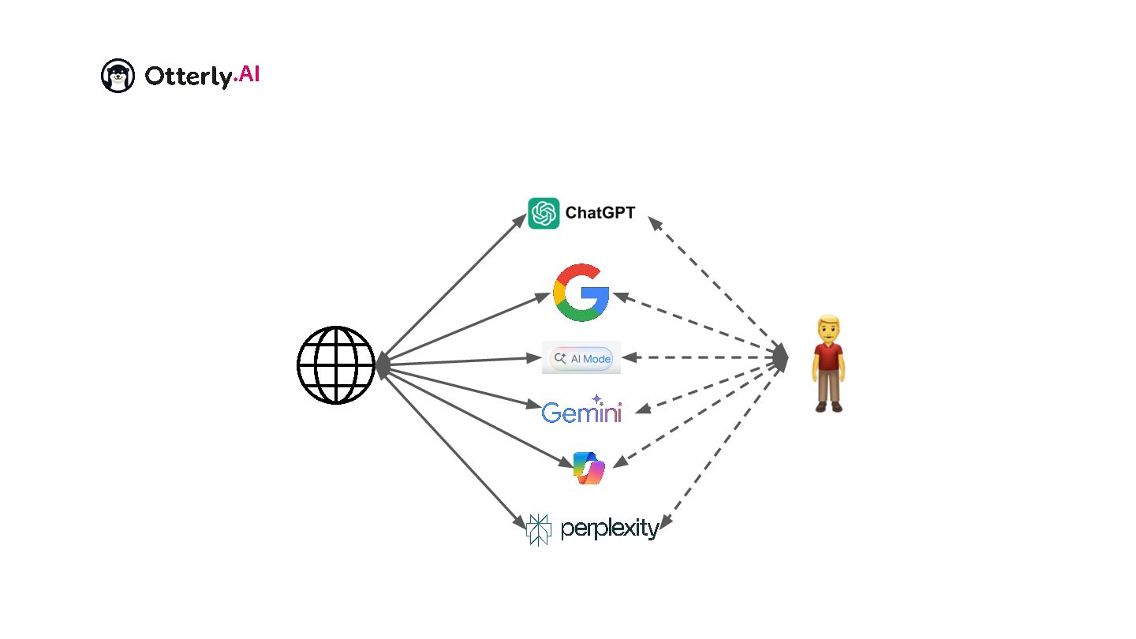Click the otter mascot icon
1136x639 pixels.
click(x=118, y=76)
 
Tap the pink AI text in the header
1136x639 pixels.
click(x=247, y=75)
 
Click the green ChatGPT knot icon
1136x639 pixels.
click(x=544, y=213)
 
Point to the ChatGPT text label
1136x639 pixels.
click(x=600, y=213)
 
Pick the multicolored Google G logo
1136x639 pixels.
click(x=581, y=293)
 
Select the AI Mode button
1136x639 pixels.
click(x=581, y=358)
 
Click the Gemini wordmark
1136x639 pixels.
click(x=581, y=413)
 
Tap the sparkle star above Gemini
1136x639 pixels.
click(x=596, y=399)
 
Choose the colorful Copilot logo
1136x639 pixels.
click(x=588, y=468)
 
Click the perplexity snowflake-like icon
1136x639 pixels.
click(x=538, y=529)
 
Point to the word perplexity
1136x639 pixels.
click(x=609, y=529)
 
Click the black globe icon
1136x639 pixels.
click(x=335, y=365)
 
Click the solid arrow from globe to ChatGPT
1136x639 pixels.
click(x=453, y=288)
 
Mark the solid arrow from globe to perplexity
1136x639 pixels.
click(x=453, y=446)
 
